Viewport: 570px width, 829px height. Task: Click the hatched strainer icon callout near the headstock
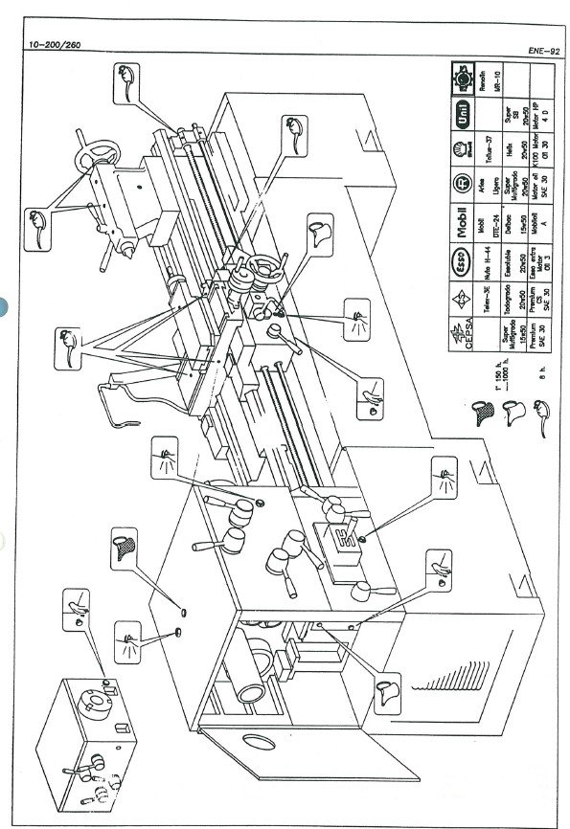[124, 547]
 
